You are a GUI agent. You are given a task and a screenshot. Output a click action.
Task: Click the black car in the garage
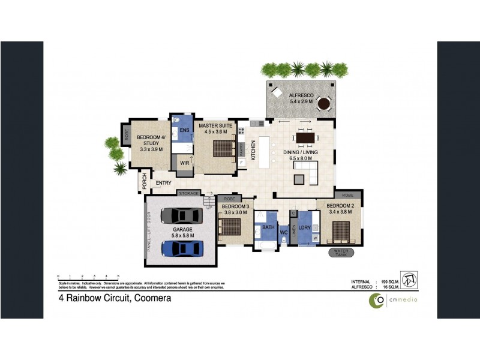[182, 215]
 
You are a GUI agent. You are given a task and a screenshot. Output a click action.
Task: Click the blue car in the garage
[182, 247]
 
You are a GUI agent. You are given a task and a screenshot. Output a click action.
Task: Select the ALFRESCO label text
[302, 95]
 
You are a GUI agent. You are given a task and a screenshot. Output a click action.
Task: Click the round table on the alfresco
[324, 104]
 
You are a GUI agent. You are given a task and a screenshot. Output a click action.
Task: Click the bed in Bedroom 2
[341, 230]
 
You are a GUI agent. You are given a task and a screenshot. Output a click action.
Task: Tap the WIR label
[184, 163]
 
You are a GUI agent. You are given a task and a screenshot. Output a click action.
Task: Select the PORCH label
[145, 181]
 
